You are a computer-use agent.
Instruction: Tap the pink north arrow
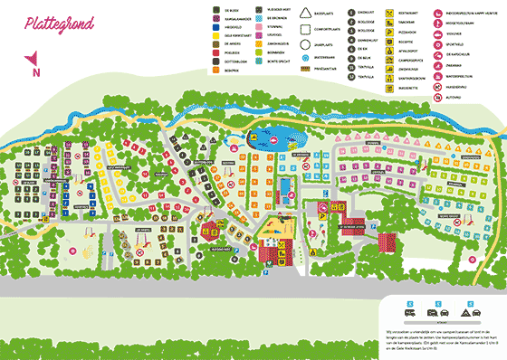point(34,65)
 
